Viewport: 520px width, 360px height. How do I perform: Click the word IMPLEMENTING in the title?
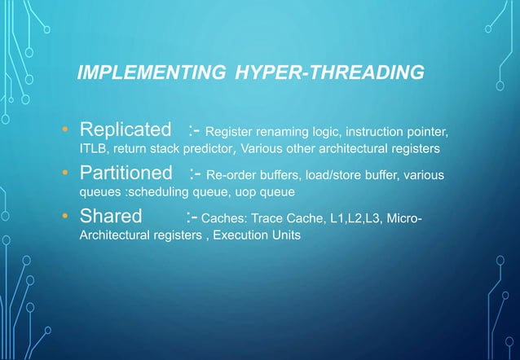click(147, 73)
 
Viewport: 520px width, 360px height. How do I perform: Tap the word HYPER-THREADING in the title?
click(328, 73)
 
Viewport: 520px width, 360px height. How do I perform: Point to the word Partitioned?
click(126, 173)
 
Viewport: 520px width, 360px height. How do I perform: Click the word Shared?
click(110, 217)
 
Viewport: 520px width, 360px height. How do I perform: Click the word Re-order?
click(234, 174)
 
